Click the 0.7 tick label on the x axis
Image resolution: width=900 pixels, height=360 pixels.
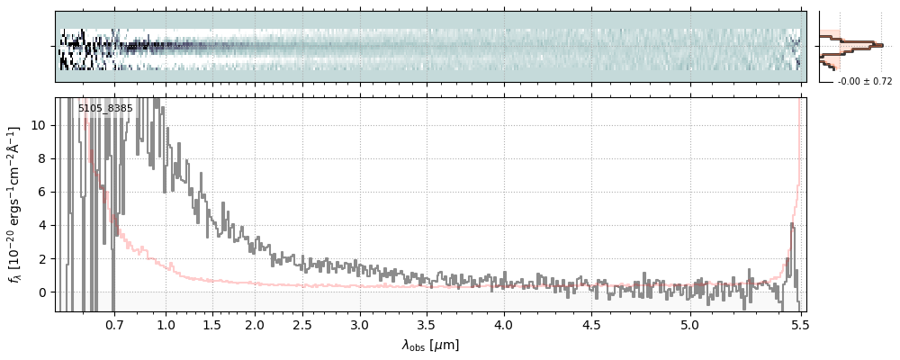(114, 324)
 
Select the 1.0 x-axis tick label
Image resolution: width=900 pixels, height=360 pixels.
(166, 324)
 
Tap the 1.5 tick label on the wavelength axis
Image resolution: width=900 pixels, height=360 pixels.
(212, 324)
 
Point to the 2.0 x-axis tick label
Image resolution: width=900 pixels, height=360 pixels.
(255, 324)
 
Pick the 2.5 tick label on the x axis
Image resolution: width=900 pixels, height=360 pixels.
(302, 324)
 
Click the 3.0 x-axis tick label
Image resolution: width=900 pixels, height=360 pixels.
(359, 324)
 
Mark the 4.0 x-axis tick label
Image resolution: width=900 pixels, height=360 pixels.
(504, 324)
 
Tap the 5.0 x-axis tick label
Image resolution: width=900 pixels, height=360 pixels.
(689, 324)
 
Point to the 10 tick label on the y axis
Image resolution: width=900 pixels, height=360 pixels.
(40, 125)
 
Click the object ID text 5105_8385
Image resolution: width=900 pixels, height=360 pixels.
(105, 109)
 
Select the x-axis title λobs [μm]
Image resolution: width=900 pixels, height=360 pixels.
(430, 345)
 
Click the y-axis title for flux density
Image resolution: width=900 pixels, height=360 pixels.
(15, 205)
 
